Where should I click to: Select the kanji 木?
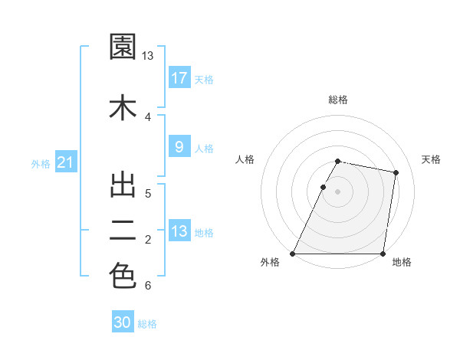coord(123,107)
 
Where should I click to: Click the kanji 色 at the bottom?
coord(123,276)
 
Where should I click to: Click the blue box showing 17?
coord(179,78)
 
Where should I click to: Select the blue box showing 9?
coord(179,147)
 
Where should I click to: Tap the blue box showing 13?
coord(179,231)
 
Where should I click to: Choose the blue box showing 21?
coord(65,162)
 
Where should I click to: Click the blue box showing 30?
coord(123,322)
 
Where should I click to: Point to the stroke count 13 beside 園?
coord(148,56)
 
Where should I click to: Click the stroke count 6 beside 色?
coord(147,286)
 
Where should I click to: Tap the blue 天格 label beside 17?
coord(204,80)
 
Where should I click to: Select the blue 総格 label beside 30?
coord(147,324)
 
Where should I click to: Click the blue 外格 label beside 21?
coord(41,164)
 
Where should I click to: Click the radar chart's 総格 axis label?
coord(338,100)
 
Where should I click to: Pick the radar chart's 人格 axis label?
coord(245,159)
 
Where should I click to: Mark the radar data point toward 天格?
coord(396,173)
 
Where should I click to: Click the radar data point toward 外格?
coord(293,254)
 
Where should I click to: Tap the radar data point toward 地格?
coord(383,254)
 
